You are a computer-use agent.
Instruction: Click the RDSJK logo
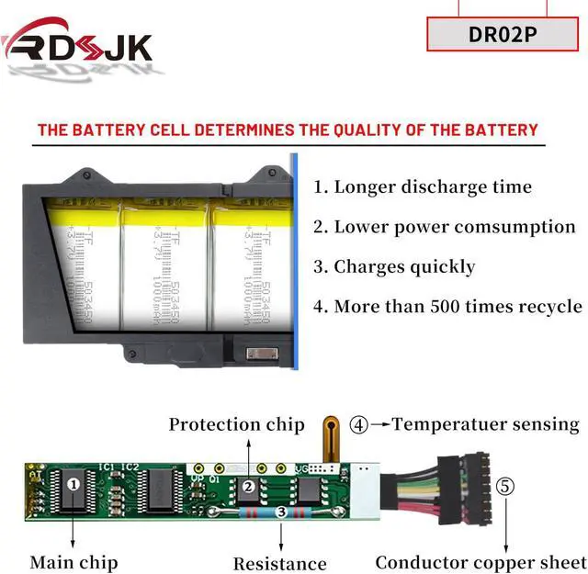[x=77, y=42]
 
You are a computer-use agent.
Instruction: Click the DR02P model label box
[x=503, y=35]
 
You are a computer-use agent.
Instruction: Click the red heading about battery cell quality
[x=287, y=129]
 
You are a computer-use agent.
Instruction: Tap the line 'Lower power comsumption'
[x=444, y=227]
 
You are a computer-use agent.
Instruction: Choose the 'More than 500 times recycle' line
[x=447, y=307]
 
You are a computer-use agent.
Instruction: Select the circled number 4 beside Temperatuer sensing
[x=359, y=424]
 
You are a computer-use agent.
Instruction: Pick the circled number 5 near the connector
[x=504, y=486]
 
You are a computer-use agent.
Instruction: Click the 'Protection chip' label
[x=236, y=424]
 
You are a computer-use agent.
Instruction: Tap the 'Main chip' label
[x=73, y=561]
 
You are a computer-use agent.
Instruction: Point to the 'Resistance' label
[x=279, y=563]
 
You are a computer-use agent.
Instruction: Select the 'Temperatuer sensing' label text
[x=486, y=424]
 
